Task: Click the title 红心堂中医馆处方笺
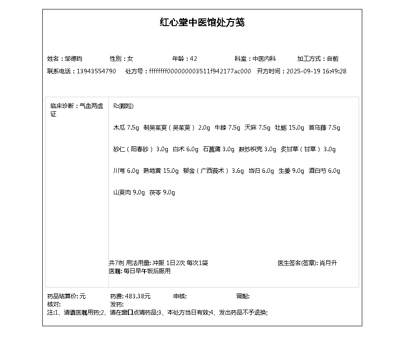pos(202,22)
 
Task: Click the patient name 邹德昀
pos(73,58)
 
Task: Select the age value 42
pos(193,58)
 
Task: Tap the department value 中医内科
pos(264,58)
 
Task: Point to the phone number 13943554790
pos(96,71)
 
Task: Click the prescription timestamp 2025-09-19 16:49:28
pos(316,71)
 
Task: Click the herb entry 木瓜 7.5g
pos(126,127)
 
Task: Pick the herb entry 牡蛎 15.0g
pos(289,127)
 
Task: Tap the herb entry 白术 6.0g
pos(185,149)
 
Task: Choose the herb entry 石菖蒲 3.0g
pos(218,149)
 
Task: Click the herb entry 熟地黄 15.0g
pos(161,171)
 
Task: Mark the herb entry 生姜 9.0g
pos(291,171)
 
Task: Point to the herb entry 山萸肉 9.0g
pos(129,193)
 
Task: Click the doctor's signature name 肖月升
pos(328,263)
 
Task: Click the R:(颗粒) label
pos(123,106)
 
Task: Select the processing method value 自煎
pos(333,58)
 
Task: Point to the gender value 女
pos(130,58)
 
